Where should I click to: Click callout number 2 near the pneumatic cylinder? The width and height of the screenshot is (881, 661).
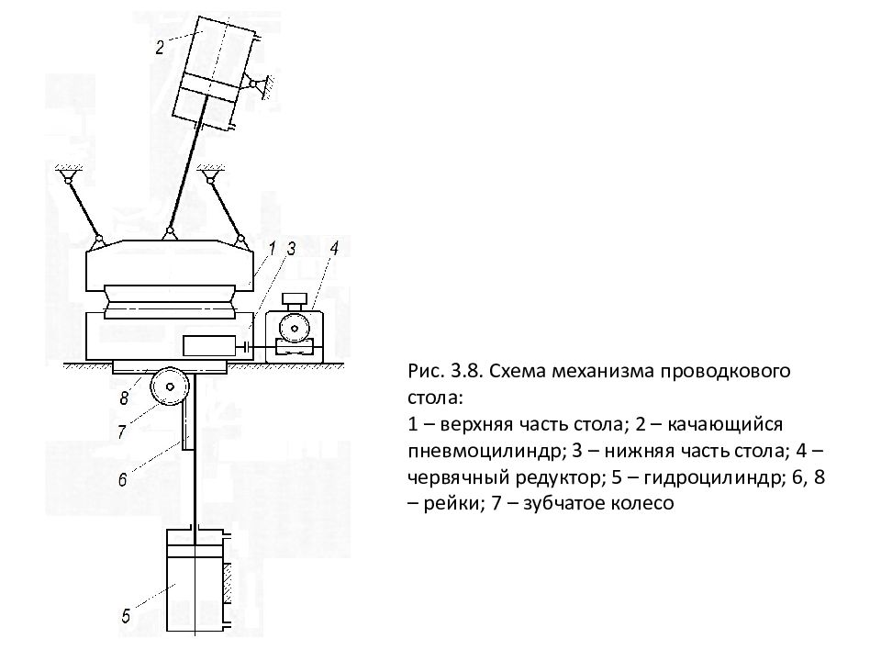point(160,47)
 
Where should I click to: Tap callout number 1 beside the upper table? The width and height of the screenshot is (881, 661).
point(273,249)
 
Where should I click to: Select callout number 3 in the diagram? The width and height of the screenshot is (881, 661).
point(292,249)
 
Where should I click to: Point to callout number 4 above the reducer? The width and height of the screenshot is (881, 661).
point(334,248)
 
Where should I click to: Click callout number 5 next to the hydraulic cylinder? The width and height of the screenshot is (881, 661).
point(126,616)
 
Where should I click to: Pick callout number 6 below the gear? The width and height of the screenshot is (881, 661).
point(122,479)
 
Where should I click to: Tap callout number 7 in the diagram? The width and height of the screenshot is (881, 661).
point(121,432)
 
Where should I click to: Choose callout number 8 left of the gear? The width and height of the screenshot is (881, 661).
point(124,398)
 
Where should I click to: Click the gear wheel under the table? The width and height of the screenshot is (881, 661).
point(169,387)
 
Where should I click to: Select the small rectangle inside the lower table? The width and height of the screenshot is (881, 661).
point(209,346)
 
